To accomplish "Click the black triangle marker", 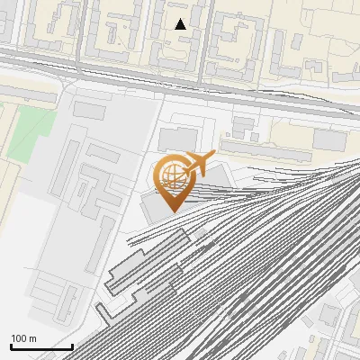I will tap(181, 24).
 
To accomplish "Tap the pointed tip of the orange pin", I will tap(170, 210).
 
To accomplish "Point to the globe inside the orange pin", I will tap(170, 174).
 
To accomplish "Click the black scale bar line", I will tap(41, 346).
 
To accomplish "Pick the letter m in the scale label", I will tap(32, 338).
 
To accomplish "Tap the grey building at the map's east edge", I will tap(331, 139).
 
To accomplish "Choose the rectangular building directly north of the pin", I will tap(178, 138).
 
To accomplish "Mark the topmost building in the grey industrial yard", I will tap(90, 109).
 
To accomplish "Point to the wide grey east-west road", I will tap(180, 76).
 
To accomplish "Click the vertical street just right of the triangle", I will tap(208, 36).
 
